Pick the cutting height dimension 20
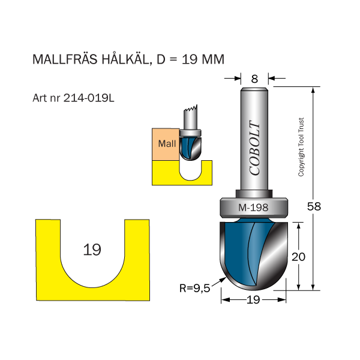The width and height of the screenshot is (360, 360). tap(299, 256)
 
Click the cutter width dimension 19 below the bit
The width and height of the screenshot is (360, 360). tap(253, 300)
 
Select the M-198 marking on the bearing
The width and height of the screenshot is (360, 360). tap(253, 208)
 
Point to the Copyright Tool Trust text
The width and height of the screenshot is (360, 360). tap(301, 146)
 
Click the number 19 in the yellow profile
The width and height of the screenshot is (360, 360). tap(92, 250)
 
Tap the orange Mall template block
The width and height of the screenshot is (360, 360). tap(166, 144)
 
